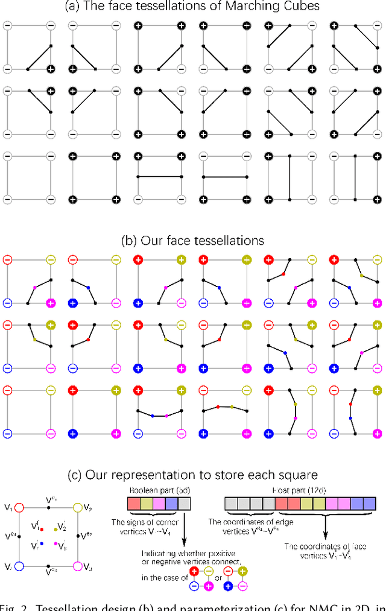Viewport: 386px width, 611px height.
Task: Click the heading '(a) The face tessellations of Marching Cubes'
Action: point(192,8)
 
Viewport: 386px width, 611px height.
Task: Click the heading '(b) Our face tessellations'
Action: point(192,240)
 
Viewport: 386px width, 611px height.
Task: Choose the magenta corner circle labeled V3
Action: point(77,566)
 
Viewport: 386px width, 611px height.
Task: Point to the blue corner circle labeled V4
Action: point(19,566)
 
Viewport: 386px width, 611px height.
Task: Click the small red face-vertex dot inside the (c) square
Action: point(42,529)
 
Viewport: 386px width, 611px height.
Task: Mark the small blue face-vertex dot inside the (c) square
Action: point(42,543)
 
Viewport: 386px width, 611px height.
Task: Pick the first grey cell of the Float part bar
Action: point(231,502)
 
